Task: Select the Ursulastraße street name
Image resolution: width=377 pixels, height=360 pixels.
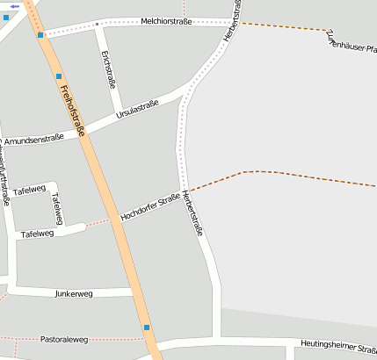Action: click(x=137, y=110)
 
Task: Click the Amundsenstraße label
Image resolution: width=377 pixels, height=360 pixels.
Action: click(x=33, y=139)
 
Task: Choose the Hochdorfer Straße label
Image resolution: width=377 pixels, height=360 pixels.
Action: click(x=150, y=206)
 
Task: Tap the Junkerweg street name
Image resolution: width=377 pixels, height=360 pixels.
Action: click(x=73, y=293)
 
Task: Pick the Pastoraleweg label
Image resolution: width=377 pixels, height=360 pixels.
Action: click(x=64, y=339)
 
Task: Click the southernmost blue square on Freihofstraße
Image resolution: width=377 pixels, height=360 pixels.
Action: click(x=147, y=328)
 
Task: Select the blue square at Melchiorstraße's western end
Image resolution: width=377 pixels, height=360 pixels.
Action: click(x=41, y=35)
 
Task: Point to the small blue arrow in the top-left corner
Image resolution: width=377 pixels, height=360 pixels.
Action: click(x=15, y=6)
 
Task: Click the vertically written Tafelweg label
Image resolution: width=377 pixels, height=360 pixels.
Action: click(x=57, y=209)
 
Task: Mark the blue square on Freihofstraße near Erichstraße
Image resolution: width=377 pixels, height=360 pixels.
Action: click(x=59, y=76)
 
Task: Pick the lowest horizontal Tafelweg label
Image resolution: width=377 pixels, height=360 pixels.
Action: click(x=37, y=234)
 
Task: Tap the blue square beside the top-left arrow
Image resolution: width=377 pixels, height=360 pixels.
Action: click(x=5, y=18)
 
